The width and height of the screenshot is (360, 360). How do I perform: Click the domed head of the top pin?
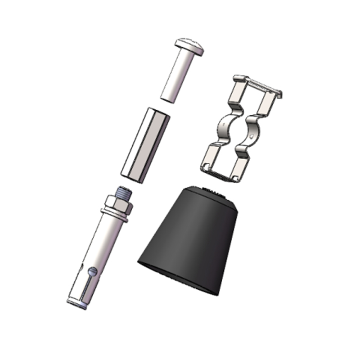(x=189, y=45)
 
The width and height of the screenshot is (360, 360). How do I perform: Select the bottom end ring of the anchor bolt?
(x=77, y=302)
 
